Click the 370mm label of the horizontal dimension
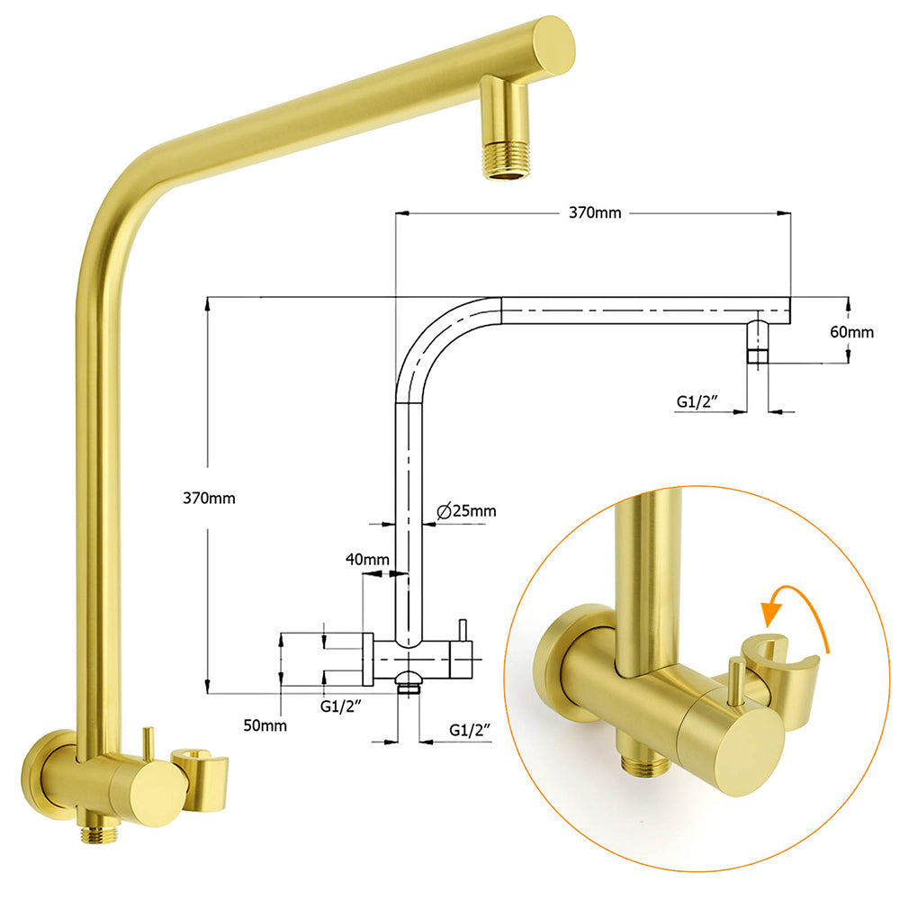(x=595, y=213)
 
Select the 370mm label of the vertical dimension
(x=208, y=498)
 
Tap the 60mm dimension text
(x=850, y=331)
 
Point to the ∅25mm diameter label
(x=465, y=511)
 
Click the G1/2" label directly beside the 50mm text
(x=342, y=706)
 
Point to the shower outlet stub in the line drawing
(x=758, y=342)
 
